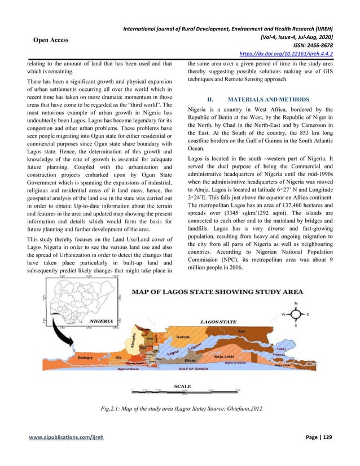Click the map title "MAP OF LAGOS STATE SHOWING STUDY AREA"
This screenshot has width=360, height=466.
(x=217, y=292)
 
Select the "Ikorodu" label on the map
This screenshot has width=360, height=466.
(x=186, y=336)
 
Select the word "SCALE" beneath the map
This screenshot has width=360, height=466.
(x=182, y=386)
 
